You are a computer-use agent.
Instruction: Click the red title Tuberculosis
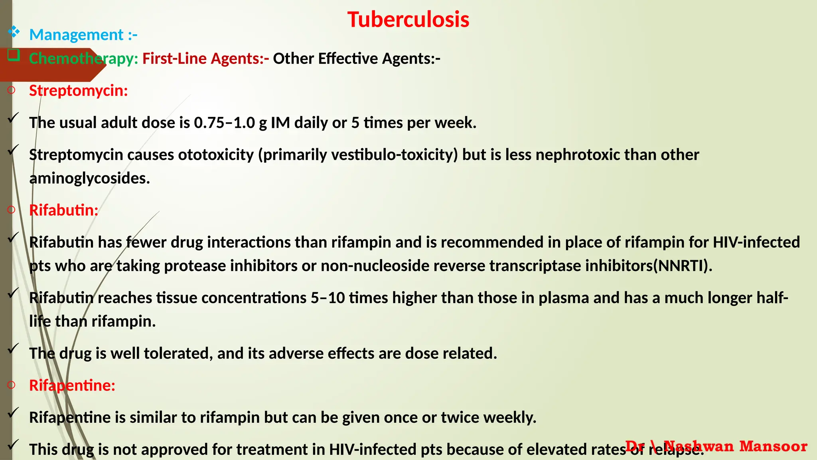pos(408,20)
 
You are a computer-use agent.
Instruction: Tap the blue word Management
pos(76,35)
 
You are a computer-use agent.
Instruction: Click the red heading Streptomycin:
pos(79,91)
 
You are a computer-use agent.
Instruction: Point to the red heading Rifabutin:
pos(64,210)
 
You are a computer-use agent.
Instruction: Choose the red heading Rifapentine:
pos(72,385)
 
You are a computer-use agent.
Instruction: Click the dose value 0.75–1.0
pos(224,123)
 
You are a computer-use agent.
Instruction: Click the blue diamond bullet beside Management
pos(14,32)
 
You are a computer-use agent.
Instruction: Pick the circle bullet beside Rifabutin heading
pos(11,210)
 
